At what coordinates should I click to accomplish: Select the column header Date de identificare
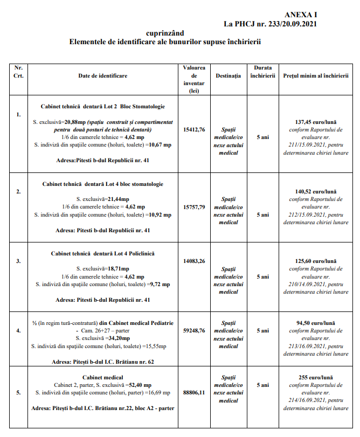tap(103, 76)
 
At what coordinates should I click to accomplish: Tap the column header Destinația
tap(228, 76)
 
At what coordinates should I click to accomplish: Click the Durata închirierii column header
tap(262, 72)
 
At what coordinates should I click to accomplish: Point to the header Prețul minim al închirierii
tap(316, 76)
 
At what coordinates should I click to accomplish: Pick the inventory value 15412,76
tap(194, 129)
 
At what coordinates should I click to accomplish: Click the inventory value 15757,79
tap(194, 207)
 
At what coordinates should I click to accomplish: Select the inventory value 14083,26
tap(194, 261)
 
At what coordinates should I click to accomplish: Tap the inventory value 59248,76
tap(194, 331)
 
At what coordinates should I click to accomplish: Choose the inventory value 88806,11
tap(194, 393)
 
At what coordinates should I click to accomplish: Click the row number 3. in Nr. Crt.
tap(18, 261)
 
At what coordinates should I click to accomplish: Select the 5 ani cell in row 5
tap(262, 385)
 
